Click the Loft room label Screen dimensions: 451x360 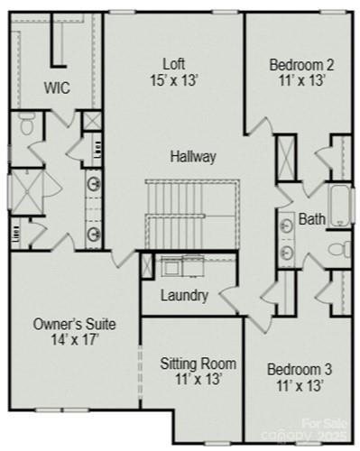[x=174, y=64]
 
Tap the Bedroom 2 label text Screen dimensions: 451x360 [x=301, y=64]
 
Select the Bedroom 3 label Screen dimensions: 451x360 [x=301, y=369]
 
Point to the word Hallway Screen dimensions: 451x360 [x=193, y=156]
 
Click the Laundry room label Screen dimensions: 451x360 [x=184, y=295]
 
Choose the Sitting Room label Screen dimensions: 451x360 [x=198, y=364]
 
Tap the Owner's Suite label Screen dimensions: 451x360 [x=74, y=323]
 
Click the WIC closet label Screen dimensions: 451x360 [x=57, y=87]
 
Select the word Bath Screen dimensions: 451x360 [x=311, y=218]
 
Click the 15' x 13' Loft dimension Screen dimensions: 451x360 [x=174, y=79]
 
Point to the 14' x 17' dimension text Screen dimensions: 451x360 [x=74, y=340]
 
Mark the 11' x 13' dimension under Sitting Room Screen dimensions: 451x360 [x=198, y=380]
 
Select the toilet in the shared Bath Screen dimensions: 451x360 [x=339, y=249]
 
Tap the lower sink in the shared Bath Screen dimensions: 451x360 [x=286, y=251]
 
